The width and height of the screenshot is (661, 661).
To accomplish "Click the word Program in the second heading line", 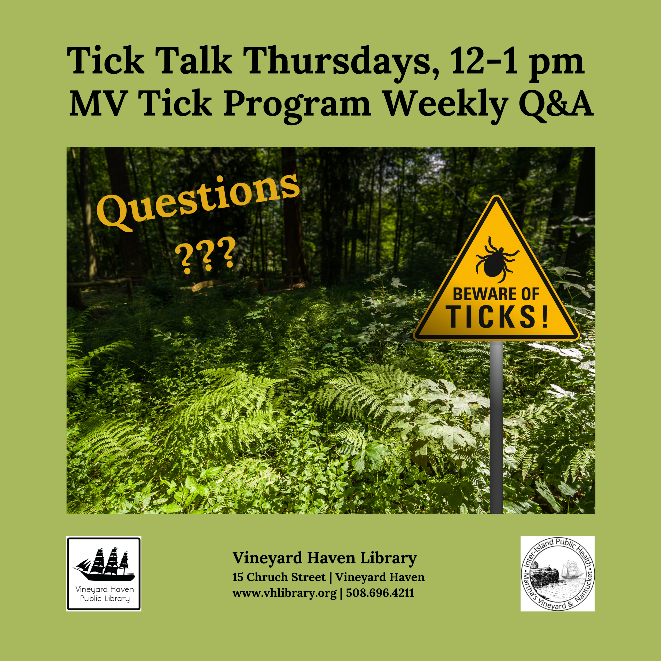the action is coord(297,105).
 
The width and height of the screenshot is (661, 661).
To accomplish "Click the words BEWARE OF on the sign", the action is coord(496,295).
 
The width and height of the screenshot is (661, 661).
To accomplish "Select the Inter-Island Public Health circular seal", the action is coord(557,574).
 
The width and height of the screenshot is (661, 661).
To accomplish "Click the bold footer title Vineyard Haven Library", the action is coord(324,558).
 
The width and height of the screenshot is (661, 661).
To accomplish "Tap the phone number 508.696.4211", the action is coord(380,593).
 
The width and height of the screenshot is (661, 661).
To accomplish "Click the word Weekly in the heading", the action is coord(445,105).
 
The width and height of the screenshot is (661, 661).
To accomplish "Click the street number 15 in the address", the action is coord(238,577).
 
